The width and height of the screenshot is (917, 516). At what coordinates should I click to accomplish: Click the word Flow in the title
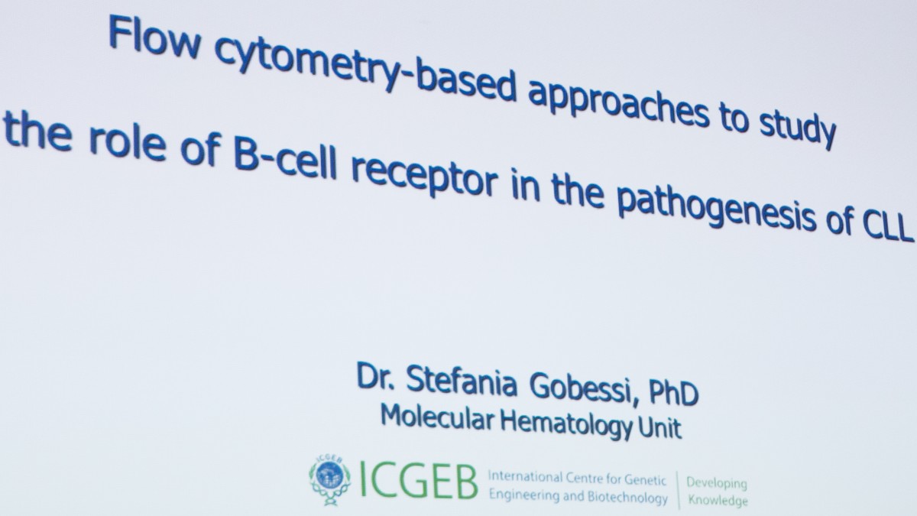click(154, 37)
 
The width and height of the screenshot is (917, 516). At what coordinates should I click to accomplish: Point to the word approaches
click(618, 101)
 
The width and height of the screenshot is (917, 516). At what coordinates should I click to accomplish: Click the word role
click(128, 144)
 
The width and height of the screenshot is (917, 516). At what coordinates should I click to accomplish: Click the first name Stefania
click(462, 380)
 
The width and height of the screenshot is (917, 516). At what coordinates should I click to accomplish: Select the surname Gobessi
click(581, 388)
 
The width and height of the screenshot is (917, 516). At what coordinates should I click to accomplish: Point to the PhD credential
click(673, 392)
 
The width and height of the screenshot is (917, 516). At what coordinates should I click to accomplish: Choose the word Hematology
click(566, 424)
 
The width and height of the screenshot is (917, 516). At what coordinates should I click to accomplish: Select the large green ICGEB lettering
click(419, 481)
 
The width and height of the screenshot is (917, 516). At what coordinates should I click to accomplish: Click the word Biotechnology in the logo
click(627, 498)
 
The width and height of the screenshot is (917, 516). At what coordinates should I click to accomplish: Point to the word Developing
click(717, 484)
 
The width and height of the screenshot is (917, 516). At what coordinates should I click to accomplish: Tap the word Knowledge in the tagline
click(718, 500)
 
